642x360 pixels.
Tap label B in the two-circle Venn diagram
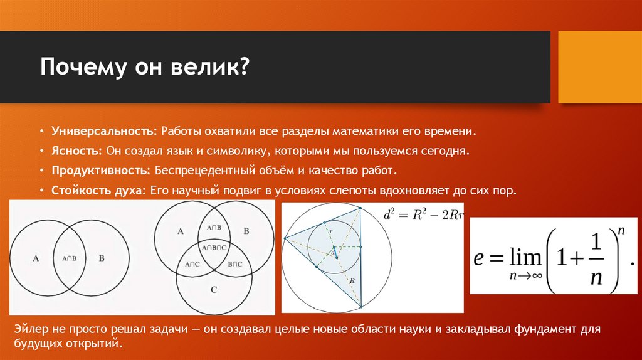(x=102, y=258)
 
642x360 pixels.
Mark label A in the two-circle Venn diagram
(x=35, y=258)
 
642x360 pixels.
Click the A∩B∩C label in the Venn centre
(x=214, y=248)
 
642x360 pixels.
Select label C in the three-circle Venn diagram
(x=214, y=290)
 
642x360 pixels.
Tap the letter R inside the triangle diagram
(x=352, y=281)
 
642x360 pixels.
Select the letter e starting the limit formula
(x=479, y=257)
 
